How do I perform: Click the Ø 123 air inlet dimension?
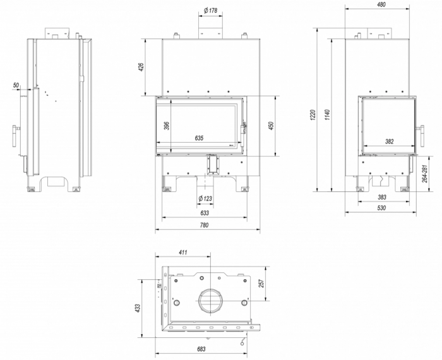click(x=205, y=199)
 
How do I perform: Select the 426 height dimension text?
click(x=141, y=67)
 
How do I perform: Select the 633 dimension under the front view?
click(x=203, y=213)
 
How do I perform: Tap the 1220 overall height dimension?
click(x=313, y=114)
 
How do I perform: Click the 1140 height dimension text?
click(x=328, y=114)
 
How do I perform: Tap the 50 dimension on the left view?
click(x=15, y=84)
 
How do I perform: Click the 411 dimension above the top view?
click(x=183, y=253)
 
